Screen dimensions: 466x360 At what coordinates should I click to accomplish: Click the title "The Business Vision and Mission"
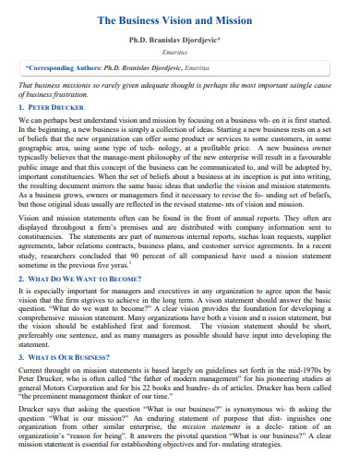point(180,18)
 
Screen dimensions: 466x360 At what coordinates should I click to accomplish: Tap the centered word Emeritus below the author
point(180,54)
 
